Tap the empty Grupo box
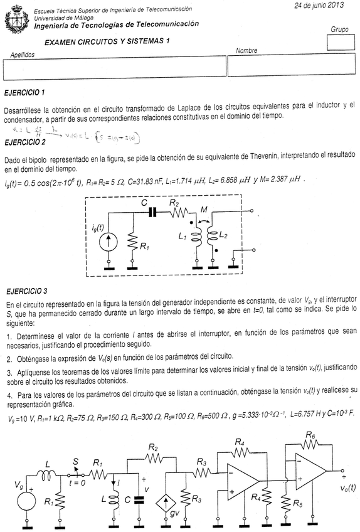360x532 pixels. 341,42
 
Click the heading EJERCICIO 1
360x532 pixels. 24,93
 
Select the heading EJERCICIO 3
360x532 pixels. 24,292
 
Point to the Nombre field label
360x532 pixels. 247,51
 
